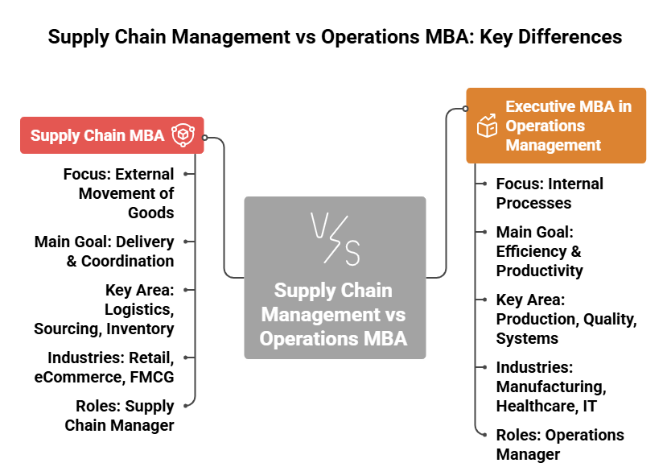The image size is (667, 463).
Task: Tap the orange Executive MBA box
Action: tap(556, 126)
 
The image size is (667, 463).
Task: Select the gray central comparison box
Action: tap(335, 277)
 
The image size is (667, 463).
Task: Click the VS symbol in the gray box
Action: tap(335, 239)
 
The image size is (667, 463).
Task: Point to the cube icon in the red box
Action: tap(183, 135)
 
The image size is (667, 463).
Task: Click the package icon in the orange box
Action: tap(487, 126)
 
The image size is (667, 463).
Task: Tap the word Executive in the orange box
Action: tap(538, 106)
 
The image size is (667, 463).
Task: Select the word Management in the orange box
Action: tap(553, 145)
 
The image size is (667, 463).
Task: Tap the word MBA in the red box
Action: tap(147, 135)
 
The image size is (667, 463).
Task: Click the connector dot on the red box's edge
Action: tap(205, 138)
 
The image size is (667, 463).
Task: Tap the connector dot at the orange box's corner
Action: tap(466, 109)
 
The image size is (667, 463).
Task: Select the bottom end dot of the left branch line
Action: tap(186, 406)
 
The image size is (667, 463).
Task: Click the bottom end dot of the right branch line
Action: tap(484, 435)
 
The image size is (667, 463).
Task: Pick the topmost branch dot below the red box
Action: tap(186, 173)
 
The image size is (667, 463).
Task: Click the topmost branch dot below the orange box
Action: tap(484, 184)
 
